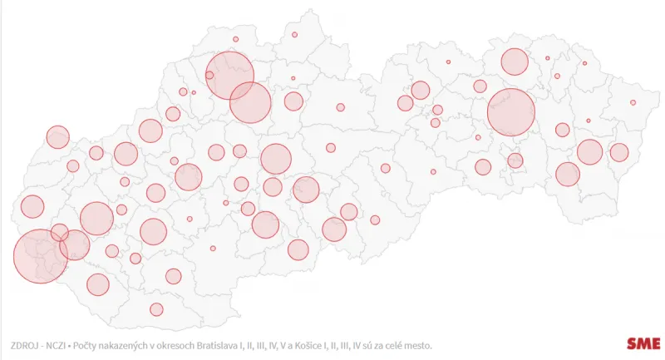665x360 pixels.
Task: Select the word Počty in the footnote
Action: point(96,344)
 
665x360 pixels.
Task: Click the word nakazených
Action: point(140,344)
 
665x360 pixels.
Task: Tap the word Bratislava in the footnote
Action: point(246,344)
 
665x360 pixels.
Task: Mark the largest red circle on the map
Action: point(40,256)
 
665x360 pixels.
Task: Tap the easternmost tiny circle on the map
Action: point(633,102)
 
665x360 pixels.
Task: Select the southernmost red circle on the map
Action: point(156,309)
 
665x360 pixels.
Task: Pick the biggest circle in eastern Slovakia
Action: point(510,112)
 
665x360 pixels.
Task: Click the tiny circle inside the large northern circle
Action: point(209,75)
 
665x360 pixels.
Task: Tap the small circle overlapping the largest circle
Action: point(59,232)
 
